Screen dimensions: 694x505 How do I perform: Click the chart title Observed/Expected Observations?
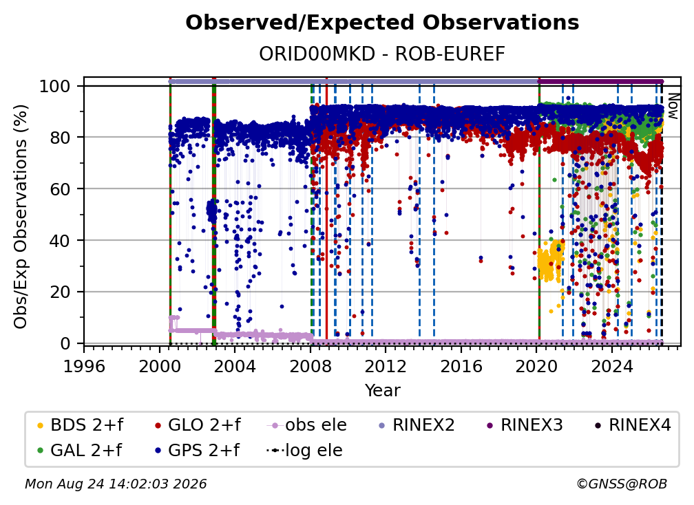(382, 23)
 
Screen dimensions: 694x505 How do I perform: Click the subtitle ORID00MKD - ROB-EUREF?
(382, 54)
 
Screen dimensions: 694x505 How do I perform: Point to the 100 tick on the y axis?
(55, 86)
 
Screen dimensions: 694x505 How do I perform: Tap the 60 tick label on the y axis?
(60, 189)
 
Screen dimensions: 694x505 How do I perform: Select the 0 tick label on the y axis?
(65, 343)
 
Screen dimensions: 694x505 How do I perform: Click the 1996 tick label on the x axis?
(84, 366)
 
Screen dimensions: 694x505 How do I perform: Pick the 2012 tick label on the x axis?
(386, 366)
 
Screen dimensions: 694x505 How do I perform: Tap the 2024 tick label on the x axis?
(611, 366)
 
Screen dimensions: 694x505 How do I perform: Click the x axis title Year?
(382, 391)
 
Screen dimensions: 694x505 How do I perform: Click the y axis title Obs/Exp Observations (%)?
(21, 216)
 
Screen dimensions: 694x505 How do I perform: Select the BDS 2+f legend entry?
(81, 425)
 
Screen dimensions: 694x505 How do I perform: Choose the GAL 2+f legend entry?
(80, 450)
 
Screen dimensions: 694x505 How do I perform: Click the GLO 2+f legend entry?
(198, 425)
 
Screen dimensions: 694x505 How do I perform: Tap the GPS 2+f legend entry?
(198, 450)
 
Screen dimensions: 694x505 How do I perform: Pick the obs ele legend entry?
(307, 425)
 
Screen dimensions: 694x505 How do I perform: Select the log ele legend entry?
(305, 450)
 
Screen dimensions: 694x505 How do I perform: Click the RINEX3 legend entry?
(525, 425)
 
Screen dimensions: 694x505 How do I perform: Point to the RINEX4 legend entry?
(633, 425)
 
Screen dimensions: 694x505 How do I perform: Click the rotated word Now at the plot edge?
(673, 106)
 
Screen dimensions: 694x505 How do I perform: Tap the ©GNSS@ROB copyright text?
(622, 484)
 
